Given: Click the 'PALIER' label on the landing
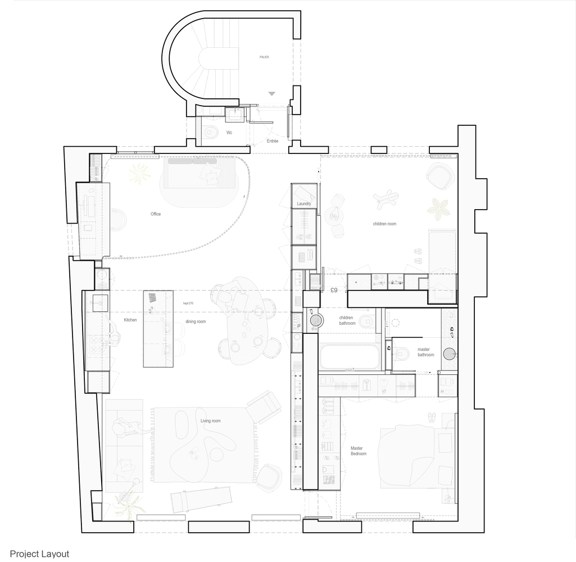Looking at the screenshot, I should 264,57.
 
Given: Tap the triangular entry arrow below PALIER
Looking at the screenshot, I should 272,94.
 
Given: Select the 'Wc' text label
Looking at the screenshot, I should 229,133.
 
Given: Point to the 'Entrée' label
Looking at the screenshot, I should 273,141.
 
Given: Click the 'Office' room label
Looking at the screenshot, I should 156,214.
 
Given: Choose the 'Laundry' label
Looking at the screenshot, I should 303,203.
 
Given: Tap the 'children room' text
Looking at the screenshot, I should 384,224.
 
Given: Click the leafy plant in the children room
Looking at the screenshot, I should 438,208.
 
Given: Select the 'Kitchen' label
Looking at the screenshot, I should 130,320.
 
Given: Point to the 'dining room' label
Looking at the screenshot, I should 196,321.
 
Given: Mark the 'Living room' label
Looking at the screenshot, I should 211,421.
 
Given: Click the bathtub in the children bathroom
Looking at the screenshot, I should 350,356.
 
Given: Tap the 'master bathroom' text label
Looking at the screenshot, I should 425,352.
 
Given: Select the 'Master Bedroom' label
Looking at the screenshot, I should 359,451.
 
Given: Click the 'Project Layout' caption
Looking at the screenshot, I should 39,554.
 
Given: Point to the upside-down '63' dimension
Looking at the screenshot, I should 333,290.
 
